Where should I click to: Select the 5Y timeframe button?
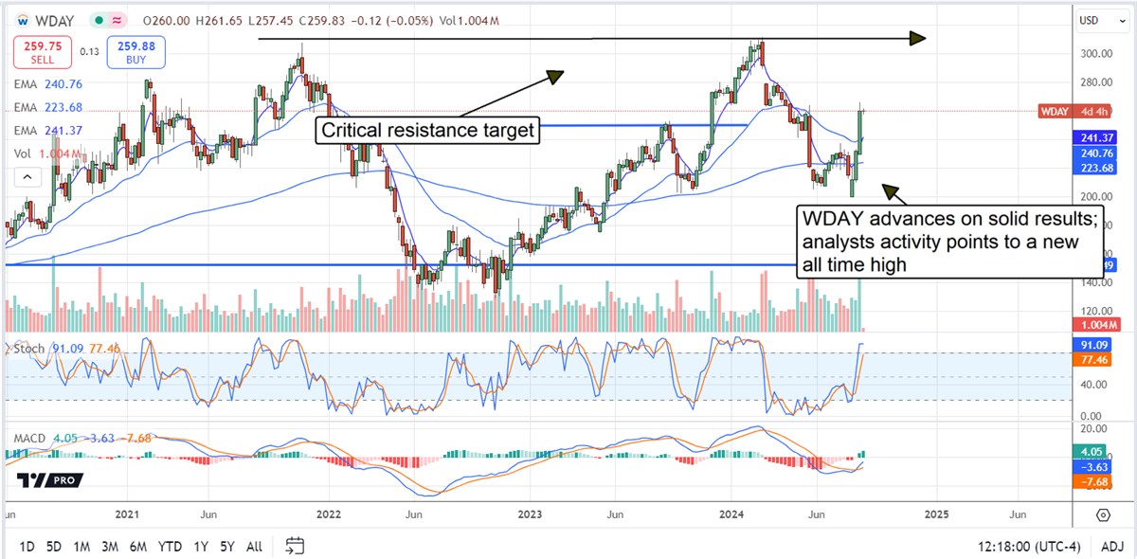click(227, 547)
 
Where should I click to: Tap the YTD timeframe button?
click(171, 547)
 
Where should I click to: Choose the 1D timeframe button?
click(27, 547)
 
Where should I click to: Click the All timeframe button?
click(254, 547)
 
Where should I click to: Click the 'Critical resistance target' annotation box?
click(428, 131)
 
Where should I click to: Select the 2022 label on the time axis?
click(329, 514)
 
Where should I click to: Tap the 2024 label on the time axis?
click(732, 514)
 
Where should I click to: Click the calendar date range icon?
click(295, 546)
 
